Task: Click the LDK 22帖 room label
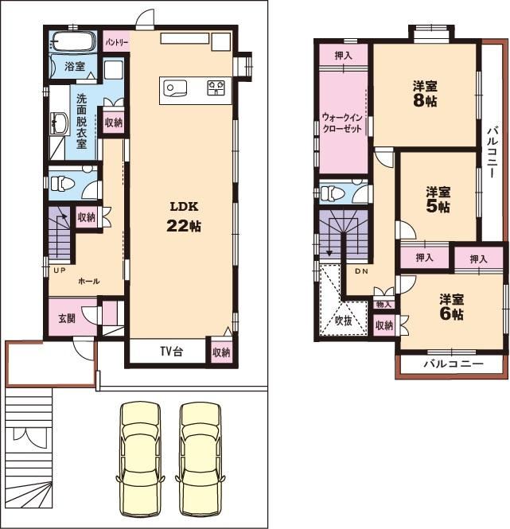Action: click(x=184, y=216)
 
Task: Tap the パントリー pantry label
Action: click(x=117, y=42)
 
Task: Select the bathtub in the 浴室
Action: click(x=73, y=42)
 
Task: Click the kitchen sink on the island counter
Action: click(x=175, y=88)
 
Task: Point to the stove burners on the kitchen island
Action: click(x=216, y=88)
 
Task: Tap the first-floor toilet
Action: click(x=62, y=185)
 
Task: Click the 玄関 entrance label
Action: click(x=67, y=318)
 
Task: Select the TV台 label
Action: click(x=172, y=352)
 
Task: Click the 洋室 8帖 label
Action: click(x=426, y=94)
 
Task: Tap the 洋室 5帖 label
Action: click(x=438, y=200)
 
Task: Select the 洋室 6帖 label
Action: click(x=452, y=307)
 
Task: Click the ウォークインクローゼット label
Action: click(x=342, y=123)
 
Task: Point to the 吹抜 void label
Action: click(x=344, y=320)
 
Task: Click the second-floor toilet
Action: click(x=333, y=193)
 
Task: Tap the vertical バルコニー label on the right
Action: click(x=492, y=152)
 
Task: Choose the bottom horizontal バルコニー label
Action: click(x=454, y=364)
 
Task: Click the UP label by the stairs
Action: click(x=60, y=270)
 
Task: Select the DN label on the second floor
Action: click(x=361, y=271)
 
